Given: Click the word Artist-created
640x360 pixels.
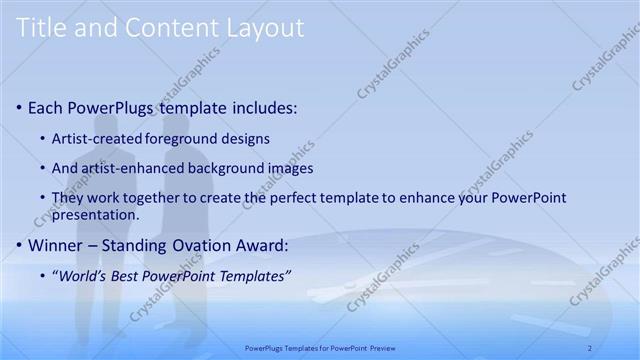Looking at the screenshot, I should point(96,138).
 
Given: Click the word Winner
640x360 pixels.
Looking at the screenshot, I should point(58,244).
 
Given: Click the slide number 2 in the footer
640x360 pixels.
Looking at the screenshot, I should point(590,347).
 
